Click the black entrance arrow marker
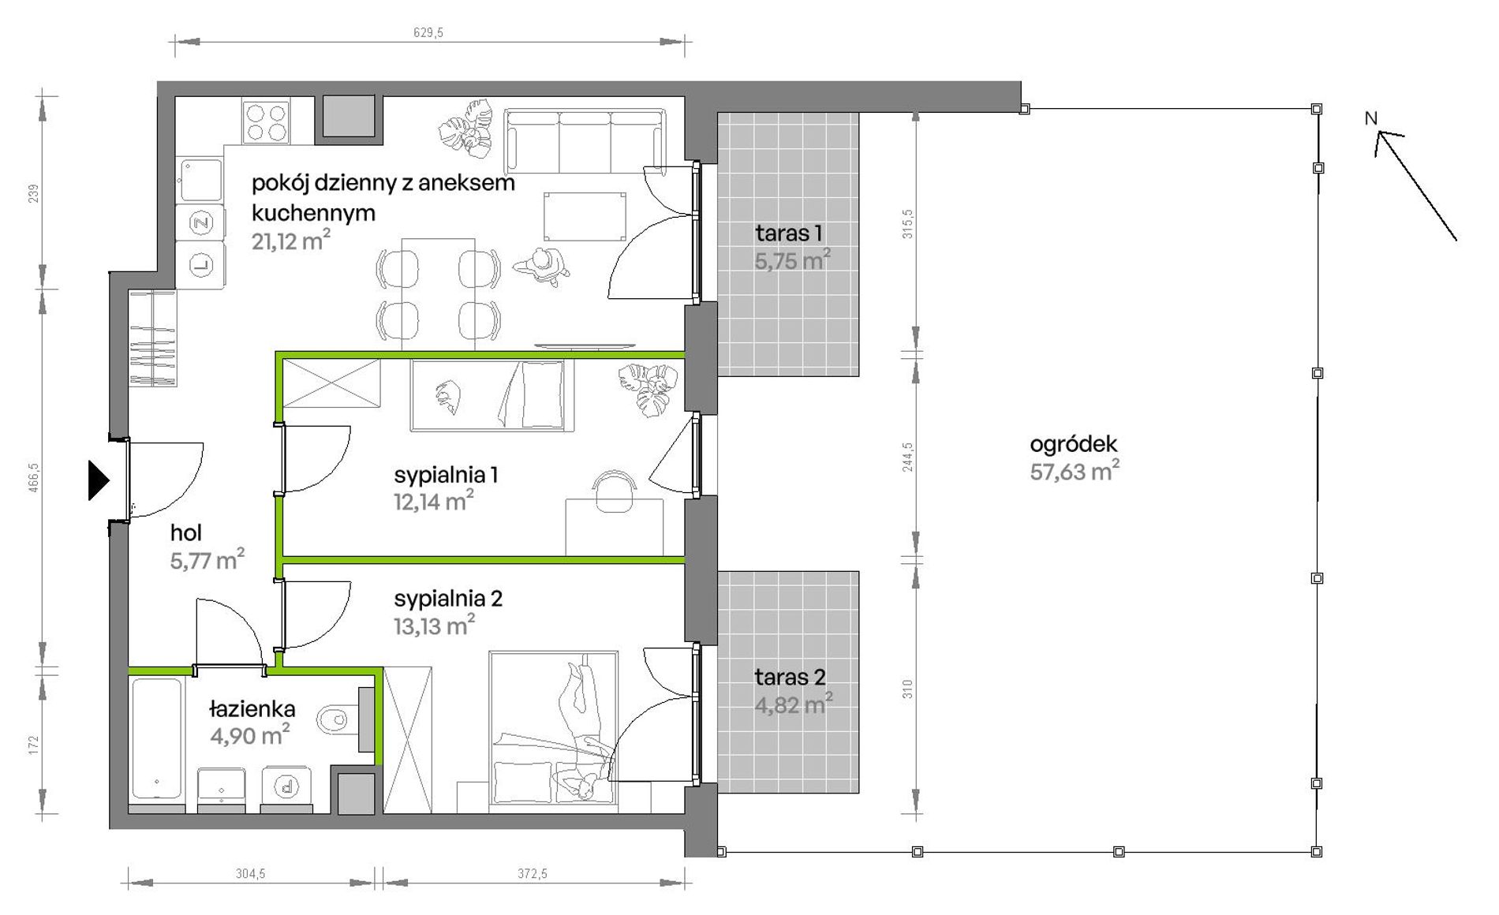pyautogui.click(x=98, y=480)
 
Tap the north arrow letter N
pyautogui.click(x=1371, y=118)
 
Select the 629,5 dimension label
pyautogui.click(x=428, y=32)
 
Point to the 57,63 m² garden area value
pyautogui.click(x=1075, y=472)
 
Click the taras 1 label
pyautogui.click(x=789, y=233)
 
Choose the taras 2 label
pyautogui.click(x=790, y=677)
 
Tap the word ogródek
pyautogui.click(x=1074, y=444)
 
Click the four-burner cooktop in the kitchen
pyautogui.click(x=266, y=121)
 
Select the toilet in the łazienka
pyautogui.click(x=338, y=719)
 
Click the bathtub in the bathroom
pyautogui.click(x=157, y=738)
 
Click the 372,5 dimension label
pyautogui.click(x=533, y=874)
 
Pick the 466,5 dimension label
pyautogui.click(x=34, y=478)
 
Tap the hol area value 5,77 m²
pyautogui.click(x=207, y=560)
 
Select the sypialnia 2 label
pyautogui.click(x=448, y=599)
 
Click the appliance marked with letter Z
pyautogui.click(x=201, y=223)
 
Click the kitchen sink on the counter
pyautogui.click(x=200, y=180)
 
